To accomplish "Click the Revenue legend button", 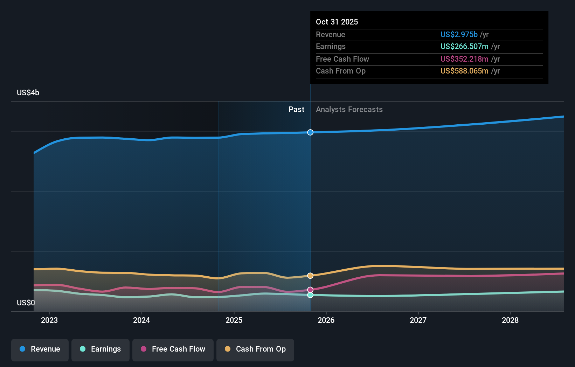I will coord(40,349).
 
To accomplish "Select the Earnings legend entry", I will coord(101,349).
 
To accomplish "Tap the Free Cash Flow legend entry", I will coord(173,349).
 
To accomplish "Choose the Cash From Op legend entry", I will coord(255,349).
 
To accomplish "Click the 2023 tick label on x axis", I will coord(49,320).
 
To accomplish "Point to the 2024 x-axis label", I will coord(141,320).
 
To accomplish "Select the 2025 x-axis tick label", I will coord(234,320).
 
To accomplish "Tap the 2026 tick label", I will coord(326,320).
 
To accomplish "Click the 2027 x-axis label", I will coord(418,320).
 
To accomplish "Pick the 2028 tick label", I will coord(510,320).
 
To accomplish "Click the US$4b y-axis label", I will coord(28,93).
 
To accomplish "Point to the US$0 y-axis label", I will coord(26,303).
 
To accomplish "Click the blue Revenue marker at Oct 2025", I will coord(310,132).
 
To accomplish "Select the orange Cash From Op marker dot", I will coord(310,276).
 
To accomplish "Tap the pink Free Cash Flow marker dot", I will coord(310,290).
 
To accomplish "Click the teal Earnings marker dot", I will coord(310,295).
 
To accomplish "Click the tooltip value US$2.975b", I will coord(459,34).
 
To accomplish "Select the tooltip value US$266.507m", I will coord(464,47).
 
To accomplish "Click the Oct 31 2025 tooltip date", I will coord(337,22).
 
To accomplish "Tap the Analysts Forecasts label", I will coord(349,110).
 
